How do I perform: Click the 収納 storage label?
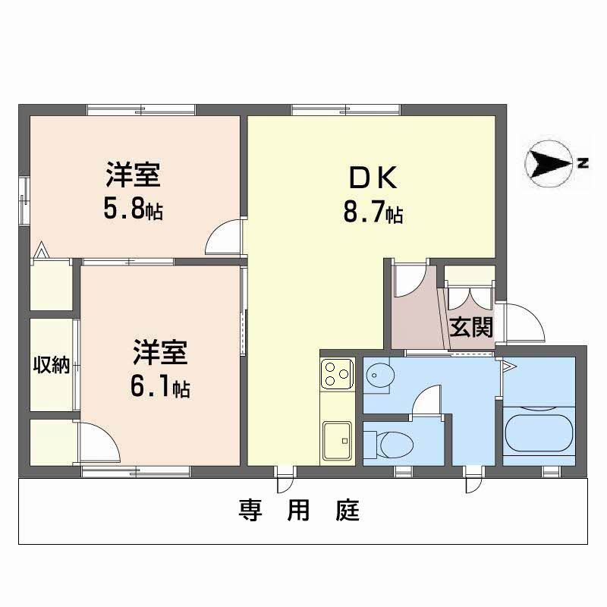click(x=51, y=366)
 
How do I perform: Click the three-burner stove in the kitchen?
click(x=336, y=372)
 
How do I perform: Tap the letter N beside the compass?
click(x=582, y=162)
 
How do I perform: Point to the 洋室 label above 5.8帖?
click(x=132, y=176)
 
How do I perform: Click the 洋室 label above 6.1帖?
click(x=160, y=354)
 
